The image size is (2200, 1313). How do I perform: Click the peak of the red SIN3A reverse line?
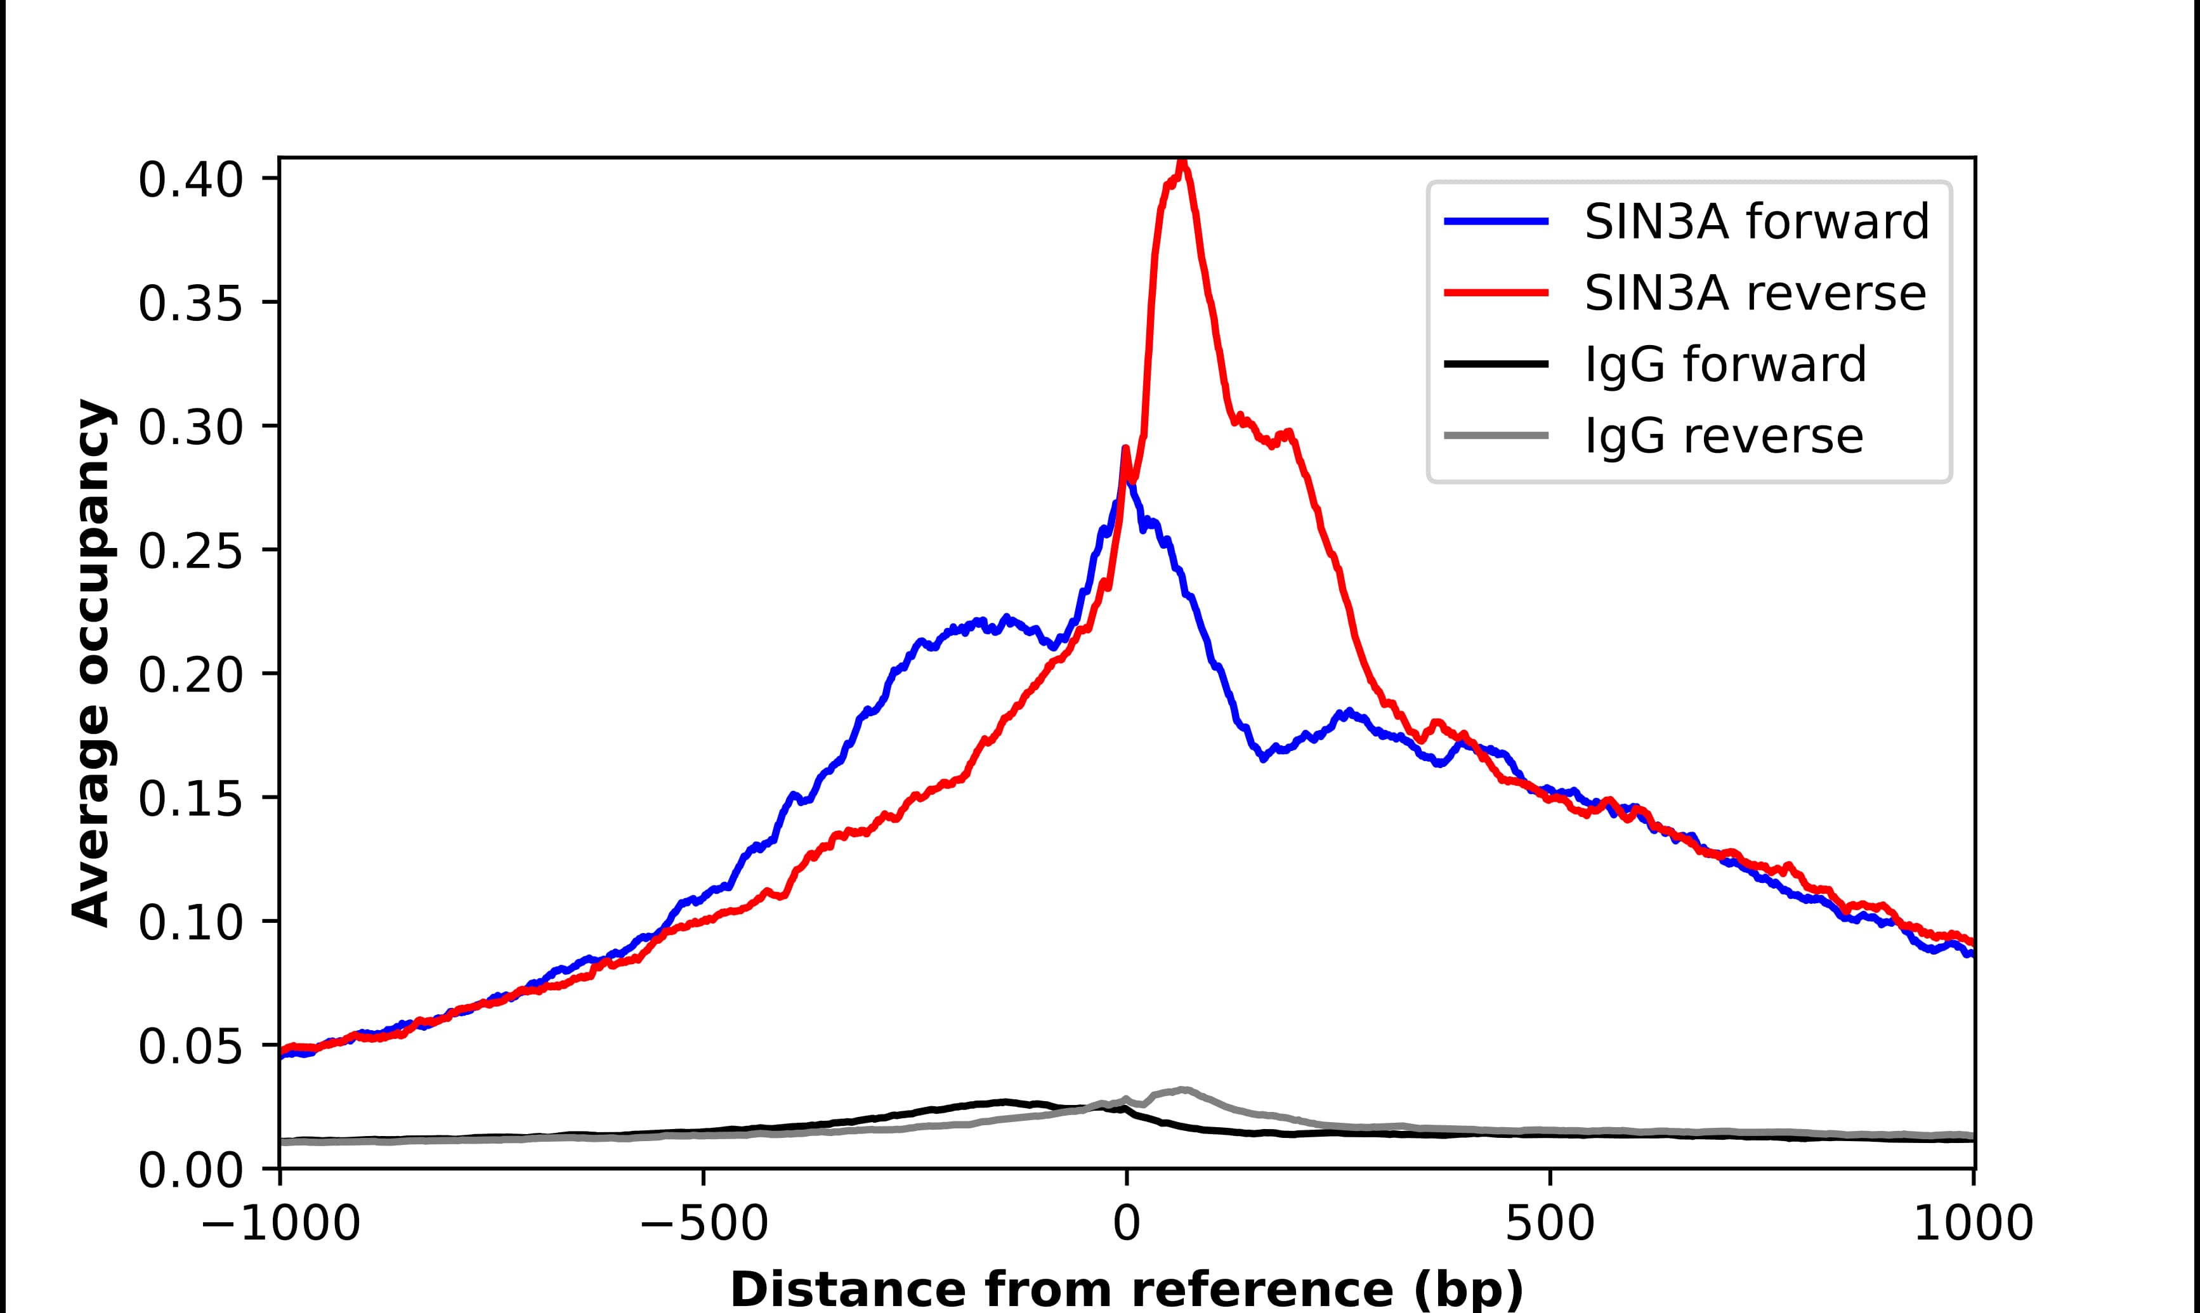pyautogui.click(x=1182, y=164)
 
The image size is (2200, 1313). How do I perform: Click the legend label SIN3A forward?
pyautogui.click(x=1756, y=221)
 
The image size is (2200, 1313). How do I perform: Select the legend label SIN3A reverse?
pyautogui.click(x=1754, y=293)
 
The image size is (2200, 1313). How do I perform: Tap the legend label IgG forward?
pyautogui.click(x=1725, y=365)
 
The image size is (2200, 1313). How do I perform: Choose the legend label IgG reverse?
pyautogui.click(x=1723, y=436)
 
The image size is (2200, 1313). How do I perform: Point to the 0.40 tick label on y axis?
pyautogui.click(x=190, y=181)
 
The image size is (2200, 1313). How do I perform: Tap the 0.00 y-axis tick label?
pyautogui.click(x=190, y=1172)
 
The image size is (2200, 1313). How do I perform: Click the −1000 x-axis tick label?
pyautogui.click(x=280, y=1225)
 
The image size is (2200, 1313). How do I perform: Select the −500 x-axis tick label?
pyautogui.click(x=704, y=1225)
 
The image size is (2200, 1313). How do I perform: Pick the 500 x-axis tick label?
pyautogui.click(x=1550, y=1225)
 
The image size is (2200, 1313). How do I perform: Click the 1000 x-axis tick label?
pyautogui.click(x=1973, y=1225)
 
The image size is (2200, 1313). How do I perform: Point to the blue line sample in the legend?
pyautogui.click(x=1496, y=221)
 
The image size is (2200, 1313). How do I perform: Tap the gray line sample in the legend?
pyautogui.click(x=1496, y=436)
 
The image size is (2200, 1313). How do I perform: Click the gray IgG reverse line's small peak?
pyautogui.click(x=1182, y=1090)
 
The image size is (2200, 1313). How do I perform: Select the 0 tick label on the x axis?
pyautogui.click(x=1126, y=1225)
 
